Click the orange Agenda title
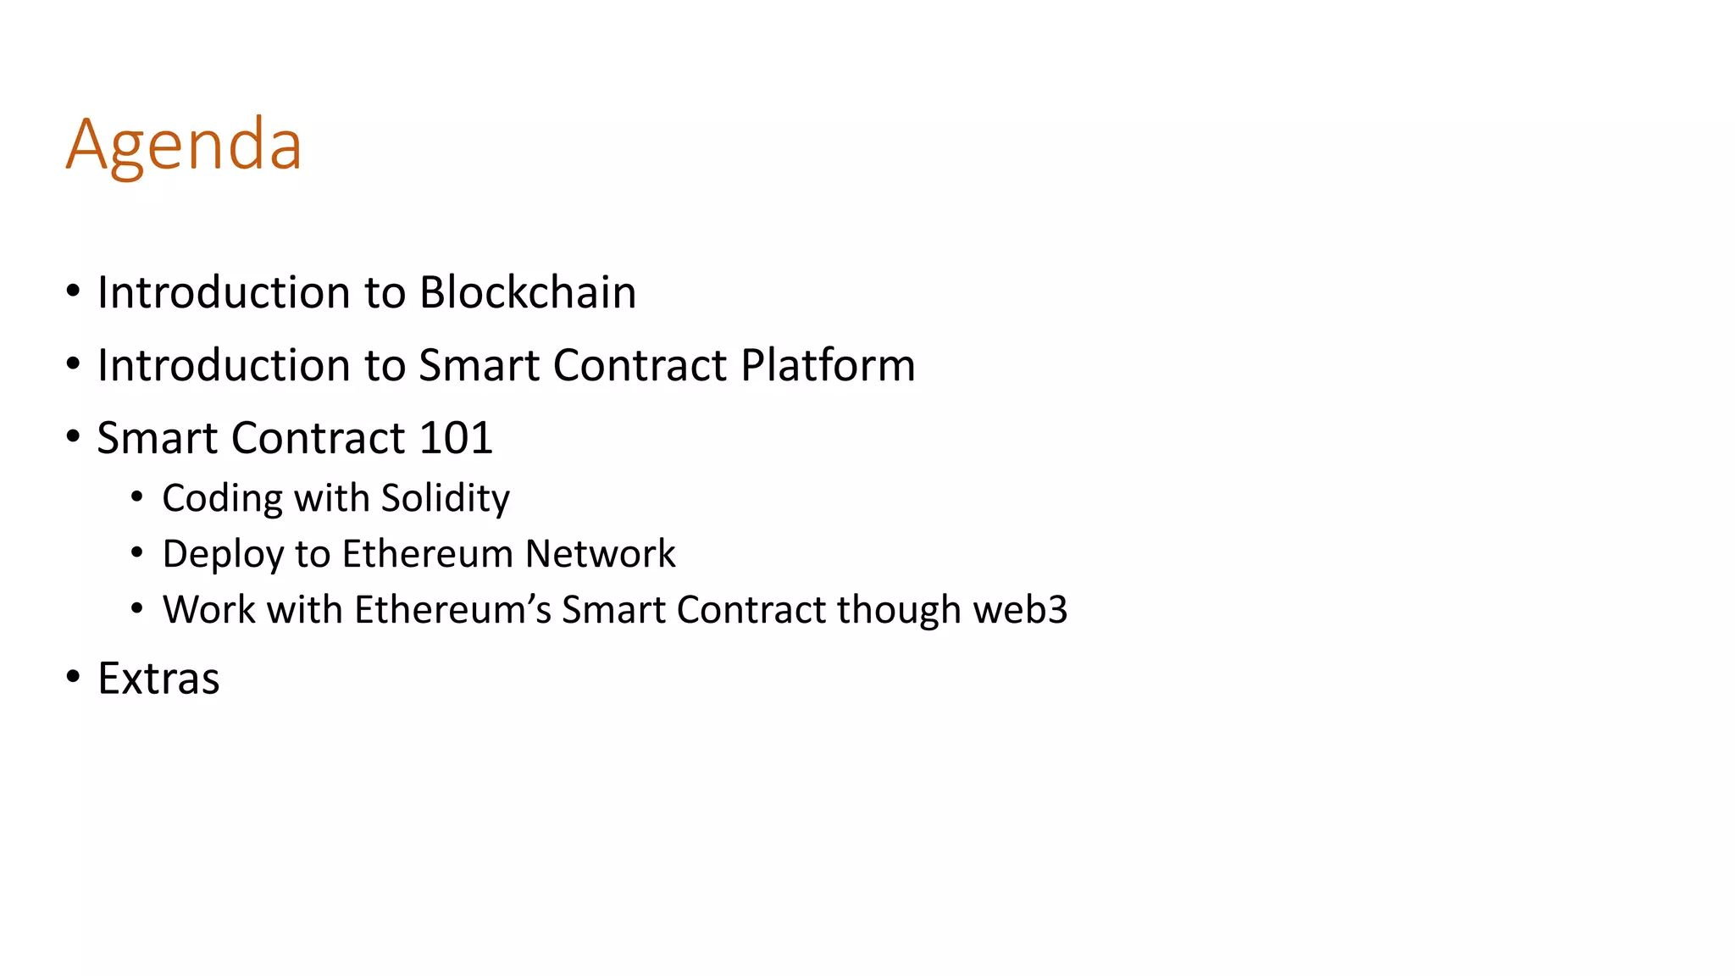(184, 145)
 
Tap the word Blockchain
(527, 292)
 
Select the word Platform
(828, 365)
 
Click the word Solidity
(445, 498)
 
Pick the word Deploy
(223, 555)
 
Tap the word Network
(600, 554)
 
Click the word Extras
(158, 679)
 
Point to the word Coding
(222, 498)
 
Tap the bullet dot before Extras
(74, 677)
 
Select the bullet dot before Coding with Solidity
(137, 496)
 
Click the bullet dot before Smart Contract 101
(74, 437)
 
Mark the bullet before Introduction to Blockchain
(74, 291)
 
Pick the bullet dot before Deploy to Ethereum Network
(137, 553)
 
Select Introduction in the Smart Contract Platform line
(224, 365)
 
